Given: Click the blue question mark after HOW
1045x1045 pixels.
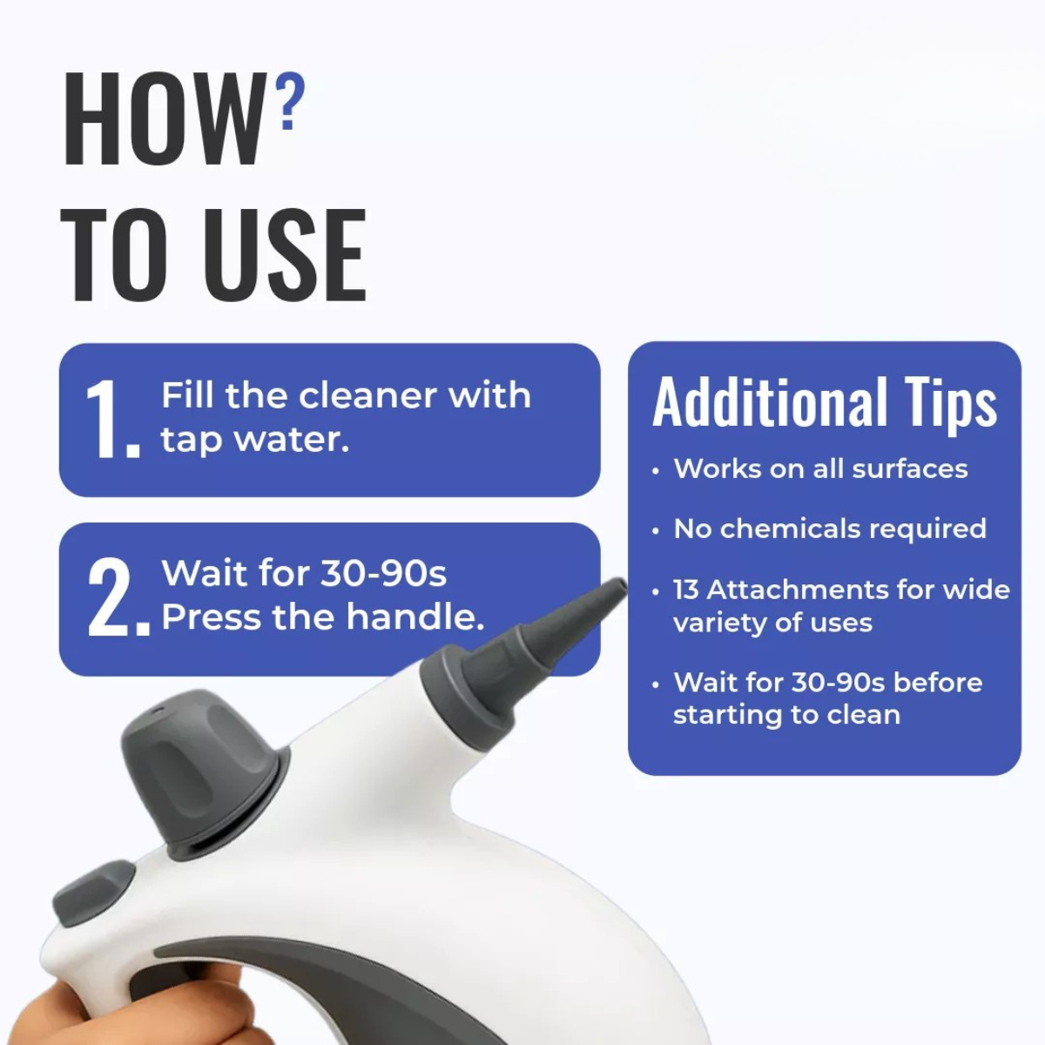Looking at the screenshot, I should coord(290,102).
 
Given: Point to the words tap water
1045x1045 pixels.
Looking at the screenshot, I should coord(254,440).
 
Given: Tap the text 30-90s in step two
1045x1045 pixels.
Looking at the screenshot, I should coord(383,574).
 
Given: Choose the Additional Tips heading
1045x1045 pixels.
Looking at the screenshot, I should coord(824,402).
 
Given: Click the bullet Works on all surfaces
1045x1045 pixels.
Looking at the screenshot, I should coord(820,469).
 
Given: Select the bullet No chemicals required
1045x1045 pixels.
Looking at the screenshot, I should coord(829,529).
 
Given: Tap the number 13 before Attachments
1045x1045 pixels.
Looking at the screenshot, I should coord(686,590).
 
